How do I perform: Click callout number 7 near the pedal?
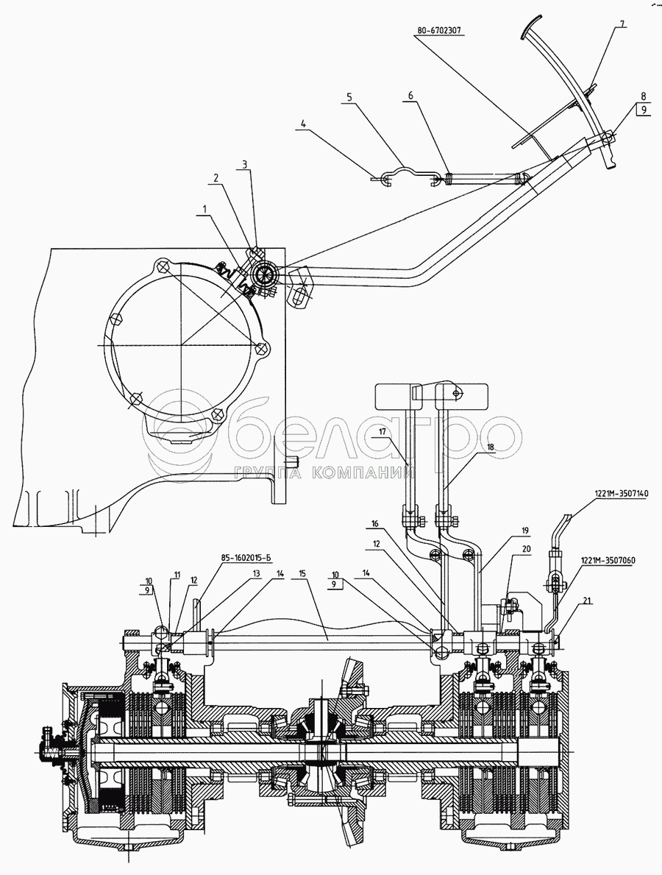click(622, 24)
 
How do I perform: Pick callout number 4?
click(302, 124)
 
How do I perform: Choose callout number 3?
click(247, 166)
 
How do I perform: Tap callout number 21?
click(586, 601)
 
